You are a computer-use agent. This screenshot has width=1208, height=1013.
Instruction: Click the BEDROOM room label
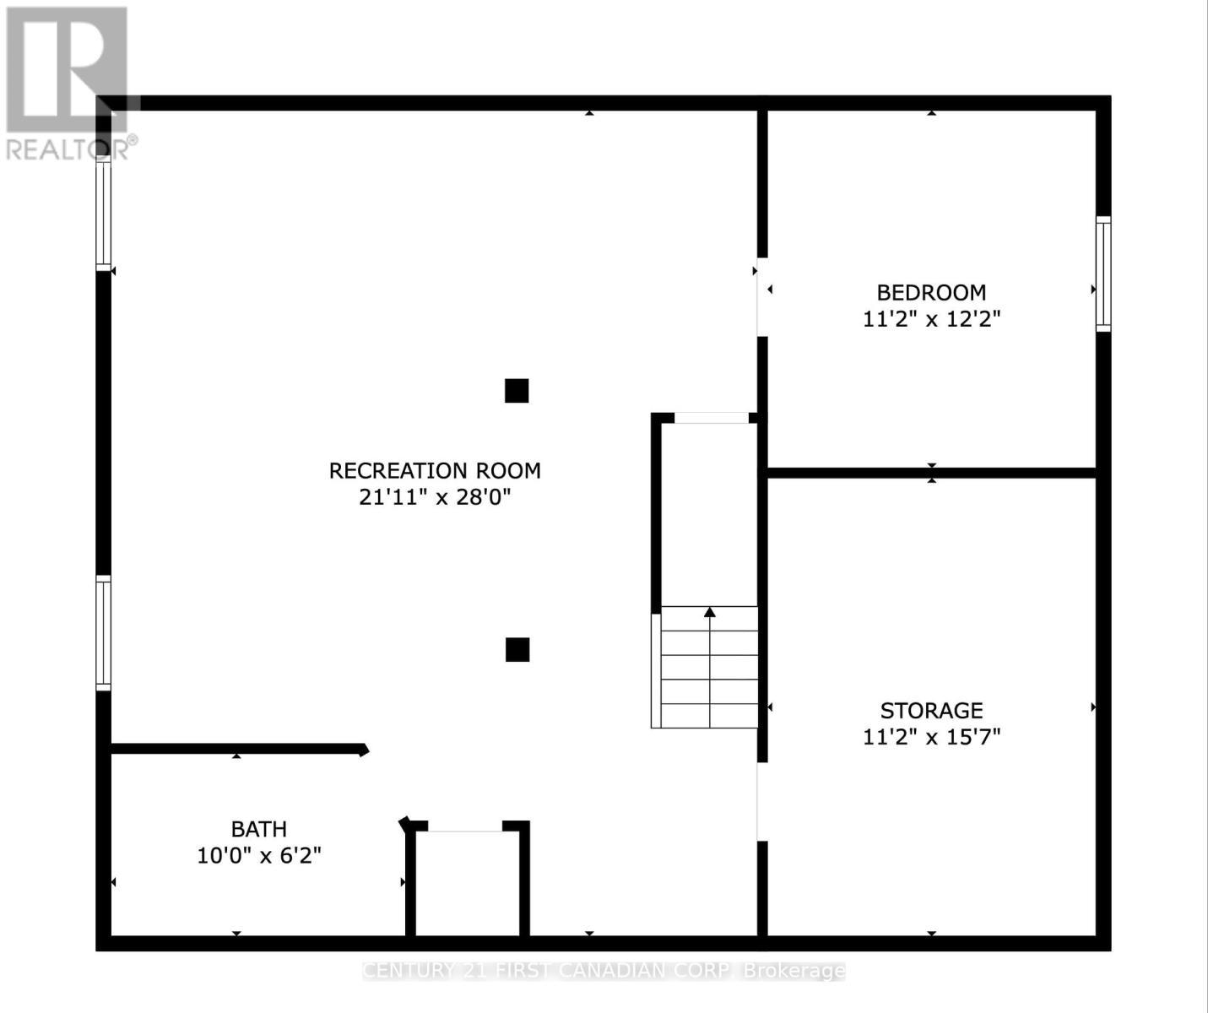[931, 293]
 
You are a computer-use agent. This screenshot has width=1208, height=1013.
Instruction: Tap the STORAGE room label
[931, 710]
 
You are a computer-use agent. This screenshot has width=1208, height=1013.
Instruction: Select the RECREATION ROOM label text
[435, 470]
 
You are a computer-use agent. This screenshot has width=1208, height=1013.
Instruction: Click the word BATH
[259, 829]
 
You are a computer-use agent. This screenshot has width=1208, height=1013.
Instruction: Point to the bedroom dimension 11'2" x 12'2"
[931, 319]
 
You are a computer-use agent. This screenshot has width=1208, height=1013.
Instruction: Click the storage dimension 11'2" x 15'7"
[931, 737]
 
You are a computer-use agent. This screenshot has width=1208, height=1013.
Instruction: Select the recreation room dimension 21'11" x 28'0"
[435, 497]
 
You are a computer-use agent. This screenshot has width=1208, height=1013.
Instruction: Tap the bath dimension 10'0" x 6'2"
[259, 856]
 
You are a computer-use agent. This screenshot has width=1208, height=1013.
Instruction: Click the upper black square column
[517, 391]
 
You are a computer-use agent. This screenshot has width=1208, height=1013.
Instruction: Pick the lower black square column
[517, 649]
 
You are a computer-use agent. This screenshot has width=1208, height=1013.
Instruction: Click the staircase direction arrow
[710, 612]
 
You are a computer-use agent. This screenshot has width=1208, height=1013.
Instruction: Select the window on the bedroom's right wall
[1103, 273]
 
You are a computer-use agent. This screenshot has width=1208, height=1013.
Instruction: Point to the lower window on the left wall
[103, 632]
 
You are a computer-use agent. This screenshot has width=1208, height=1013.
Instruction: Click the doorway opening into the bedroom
[761, 297]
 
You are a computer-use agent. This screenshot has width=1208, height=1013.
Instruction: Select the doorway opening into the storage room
[761, 801]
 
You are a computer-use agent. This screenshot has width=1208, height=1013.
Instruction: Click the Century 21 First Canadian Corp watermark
[604, 971]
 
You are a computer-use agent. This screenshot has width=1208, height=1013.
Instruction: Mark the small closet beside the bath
[468, 882]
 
